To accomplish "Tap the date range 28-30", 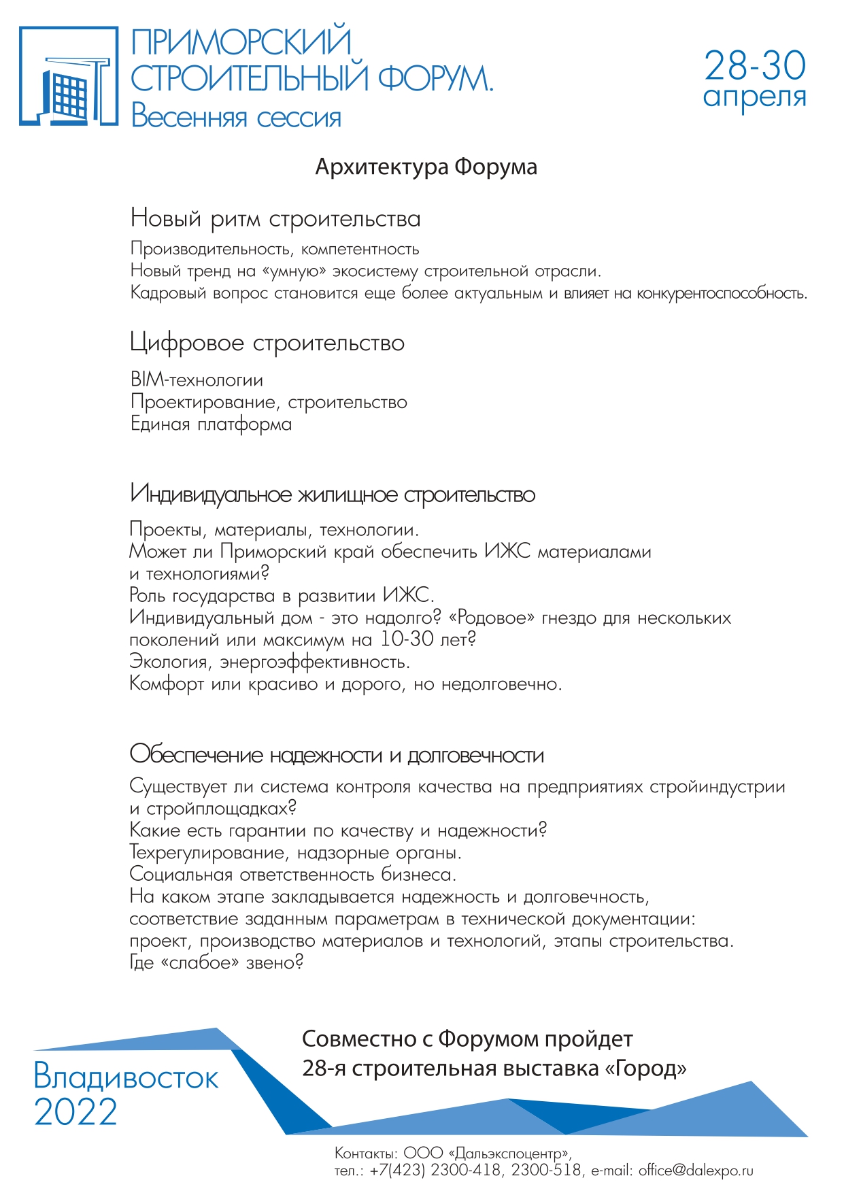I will click(754, 65).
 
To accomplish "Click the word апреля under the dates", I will click(754, 97).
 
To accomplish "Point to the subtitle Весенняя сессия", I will click(236, 116).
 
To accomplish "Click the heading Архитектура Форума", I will click(426, 167).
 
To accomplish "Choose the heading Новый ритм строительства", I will click(275, 219).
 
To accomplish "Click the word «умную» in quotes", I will click(294, 271).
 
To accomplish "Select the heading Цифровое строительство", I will click(267, 343).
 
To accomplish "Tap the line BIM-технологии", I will click(197, 380).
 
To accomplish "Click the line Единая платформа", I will click(211, 424).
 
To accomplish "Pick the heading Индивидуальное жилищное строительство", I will click(332, 494).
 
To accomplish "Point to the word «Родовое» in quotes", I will click(492, 618).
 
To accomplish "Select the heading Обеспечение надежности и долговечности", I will click(337, 755).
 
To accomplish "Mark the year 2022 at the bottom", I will click(75, 1112).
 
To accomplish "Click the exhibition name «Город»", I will click(645, 1069).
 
